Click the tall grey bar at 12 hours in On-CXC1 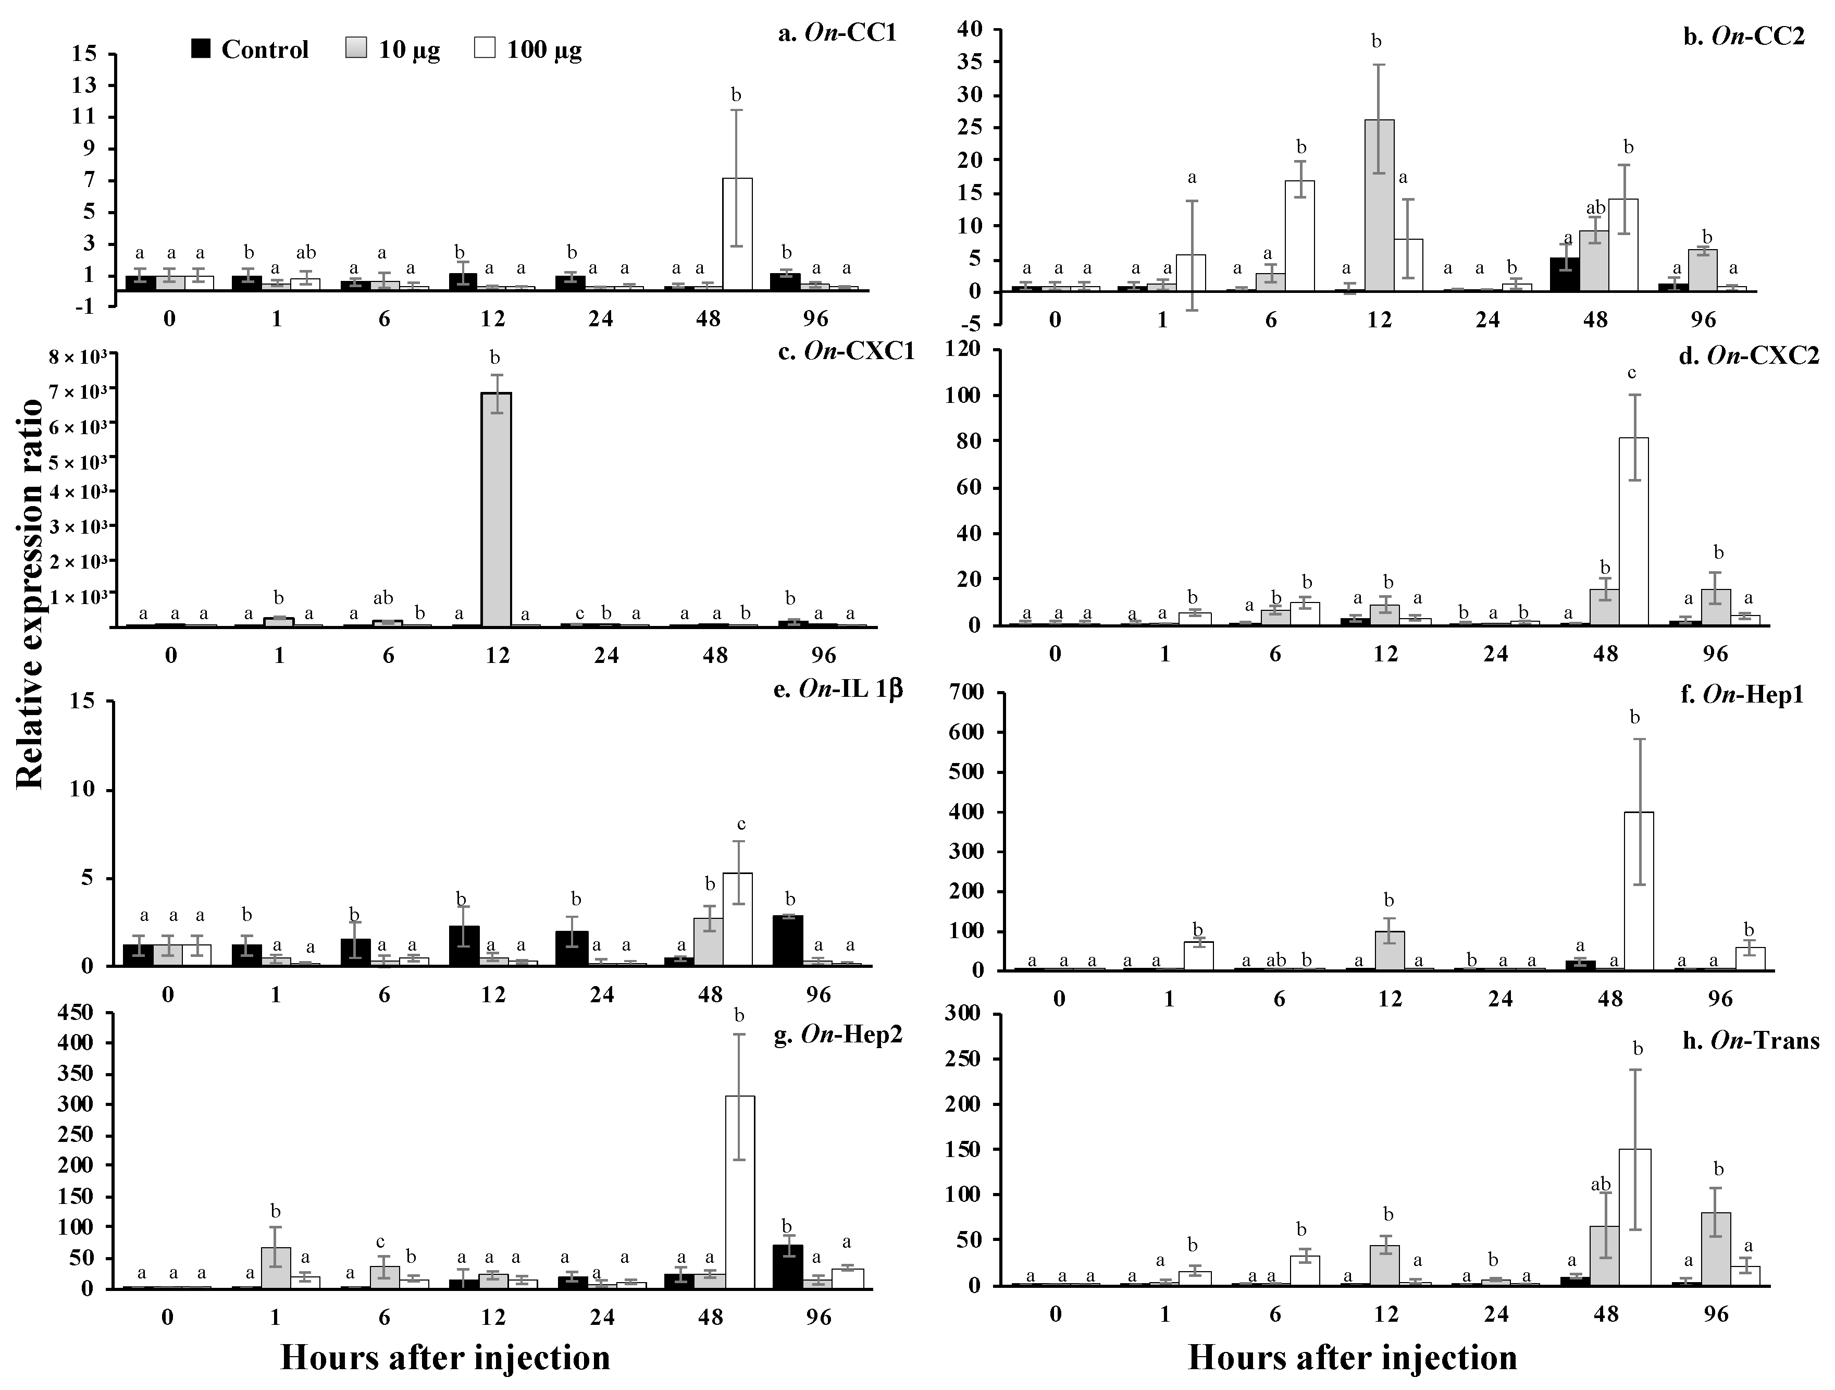pyautogui.click(x=496, y=510)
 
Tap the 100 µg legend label pyautogui.click(x=544, y=50)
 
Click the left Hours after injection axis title pyautogui.click(x=445, y=1358)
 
